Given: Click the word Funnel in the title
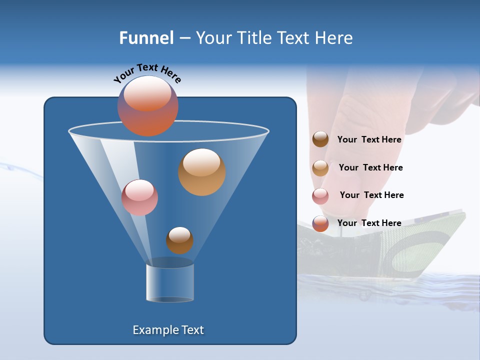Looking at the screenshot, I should tap(146, 38).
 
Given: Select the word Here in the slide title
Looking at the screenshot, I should tap(333, 38).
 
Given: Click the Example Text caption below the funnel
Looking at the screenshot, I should tap(168, 330).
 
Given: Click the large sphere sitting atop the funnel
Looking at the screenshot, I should tap(147, 106).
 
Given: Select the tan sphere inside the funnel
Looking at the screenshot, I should tap(201, 172).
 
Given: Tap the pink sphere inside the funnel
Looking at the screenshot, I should tap(139, 197).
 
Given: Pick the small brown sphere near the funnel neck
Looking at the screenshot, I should tap(179, 240).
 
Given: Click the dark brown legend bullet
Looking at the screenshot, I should tap(320, 139).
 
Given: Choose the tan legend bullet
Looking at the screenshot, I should tap(320, 168).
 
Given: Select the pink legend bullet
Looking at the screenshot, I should tap(320, 196).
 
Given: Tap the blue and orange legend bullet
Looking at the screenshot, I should tap(320, 223).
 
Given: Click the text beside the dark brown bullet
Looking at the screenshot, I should tap(369, 139).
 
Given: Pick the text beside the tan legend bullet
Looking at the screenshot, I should tap(370, 167).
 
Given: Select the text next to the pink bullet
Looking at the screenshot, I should tap(371, 195).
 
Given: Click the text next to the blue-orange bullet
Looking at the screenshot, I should tap(369, 223).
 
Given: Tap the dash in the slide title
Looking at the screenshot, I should tap(184, 38).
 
